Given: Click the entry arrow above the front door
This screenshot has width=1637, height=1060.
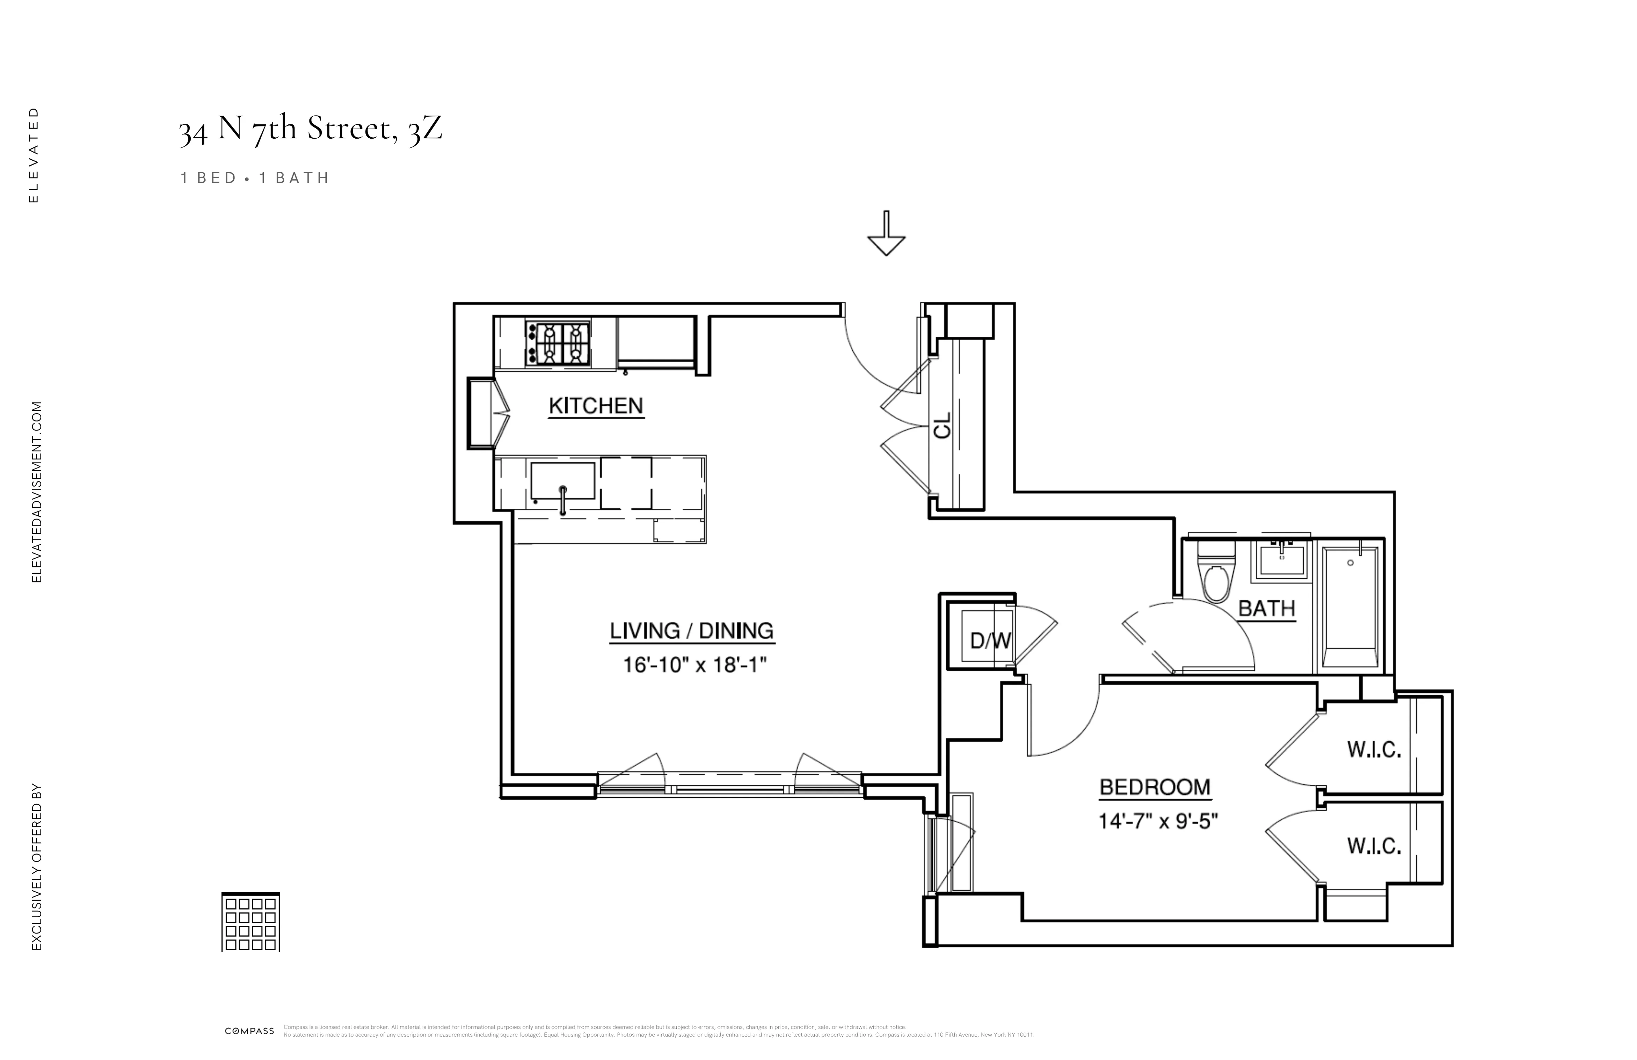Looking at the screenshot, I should click(886, 234).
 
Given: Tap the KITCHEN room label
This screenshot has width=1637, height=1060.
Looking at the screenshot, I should click(596, 406).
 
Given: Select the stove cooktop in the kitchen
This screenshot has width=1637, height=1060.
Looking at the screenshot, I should click(558, 344).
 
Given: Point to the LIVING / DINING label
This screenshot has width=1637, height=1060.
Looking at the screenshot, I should click(691, 631).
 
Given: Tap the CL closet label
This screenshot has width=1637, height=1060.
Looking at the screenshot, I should click(942, 425).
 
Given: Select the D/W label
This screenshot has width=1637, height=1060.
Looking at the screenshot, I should click(990, 641).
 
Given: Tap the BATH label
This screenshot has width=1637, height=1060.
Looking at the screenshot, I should click(1266, 609).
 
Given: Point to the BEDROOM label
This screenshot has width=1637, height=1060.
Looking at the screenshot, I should click(1155, 787).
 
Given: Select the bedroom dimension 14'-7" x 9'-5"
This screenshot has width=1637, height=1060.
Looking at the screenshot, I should click(1158, 821).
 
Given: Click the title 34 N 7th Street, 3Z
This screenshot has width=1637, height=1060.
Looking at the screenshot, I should click(310, 129).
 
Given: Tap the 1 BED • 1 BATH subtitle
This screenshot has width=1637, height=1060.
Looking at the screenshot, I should click(254, 178).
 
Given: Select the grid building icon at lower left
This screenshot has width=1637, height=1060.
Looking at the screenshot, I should click(250, 922).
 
